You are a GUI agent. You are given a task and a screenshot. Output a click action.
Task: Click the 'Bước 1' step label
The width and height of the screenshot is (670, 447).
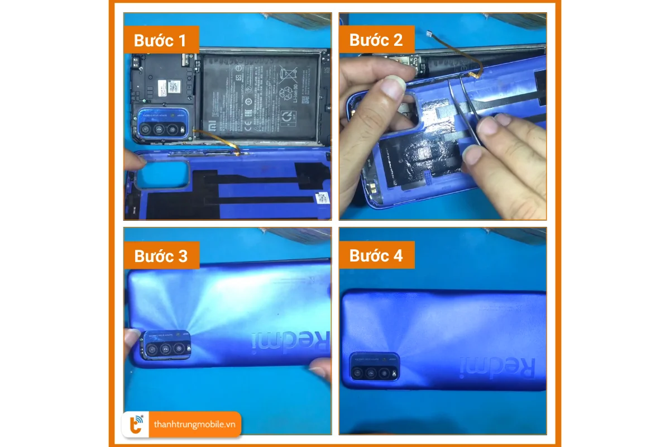161,40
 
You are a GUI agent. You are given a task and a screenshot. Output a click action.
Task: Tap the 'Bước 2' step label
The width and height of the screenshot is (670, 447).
376,40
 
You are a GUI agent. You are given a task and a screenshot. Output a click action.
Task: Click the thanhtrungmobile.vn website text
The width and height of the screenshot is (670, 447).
194,425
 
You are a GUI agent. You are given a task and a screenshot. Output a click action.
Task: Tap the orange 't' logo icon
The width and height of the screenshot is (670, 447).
136,425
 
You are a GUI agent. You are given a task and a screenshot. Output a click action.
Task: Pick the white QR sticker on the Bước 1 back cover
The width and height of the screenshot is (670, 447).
322,198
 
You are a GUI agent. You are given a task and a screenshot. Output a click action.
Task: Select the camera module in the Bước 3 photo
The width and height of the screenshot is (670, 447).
166,346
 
